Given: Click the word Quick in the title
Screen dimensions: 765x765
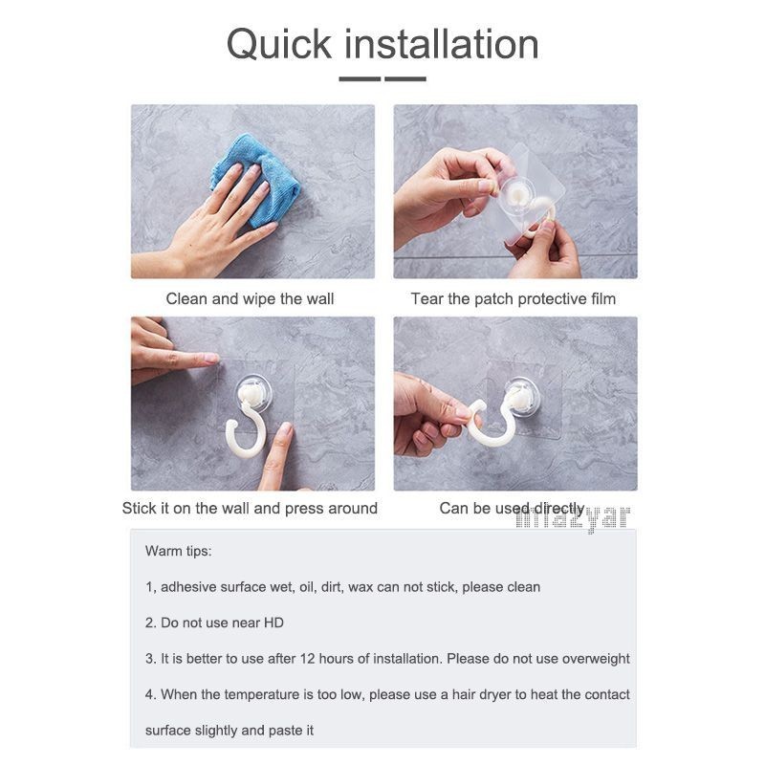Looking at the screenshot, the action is [279, 45].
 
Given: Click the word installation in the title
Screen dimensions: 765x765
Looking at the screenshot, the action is [442, 44].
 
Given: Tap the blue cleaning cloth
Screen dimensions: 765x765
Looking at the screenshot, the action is [255, 180].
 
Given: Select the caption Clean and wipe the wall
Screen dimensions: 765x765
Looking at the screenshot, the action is [250, 298].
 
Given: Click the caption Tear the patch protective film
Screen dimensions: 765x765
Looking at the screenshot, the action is [514, 298].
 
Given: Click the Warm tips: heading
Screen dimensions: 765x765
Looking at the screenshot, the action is [179, 552].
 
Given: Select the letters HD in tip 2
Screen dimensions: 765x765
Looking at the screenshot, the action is [273, 623].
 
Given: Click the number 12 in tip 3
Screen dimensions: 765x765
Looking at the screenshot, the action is [307, 659].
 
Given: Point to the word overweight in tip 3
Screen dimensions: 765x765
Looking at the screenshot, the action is [596, 659].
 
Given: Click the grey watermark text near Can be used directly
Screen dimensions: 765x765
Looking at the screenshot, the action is [573, 518].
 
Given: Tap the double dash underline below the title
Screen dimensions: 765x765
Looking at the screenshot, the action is [382, 78].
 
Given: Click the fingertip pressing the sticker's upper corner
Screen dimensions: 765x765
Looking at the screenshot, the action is [212, 359].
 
